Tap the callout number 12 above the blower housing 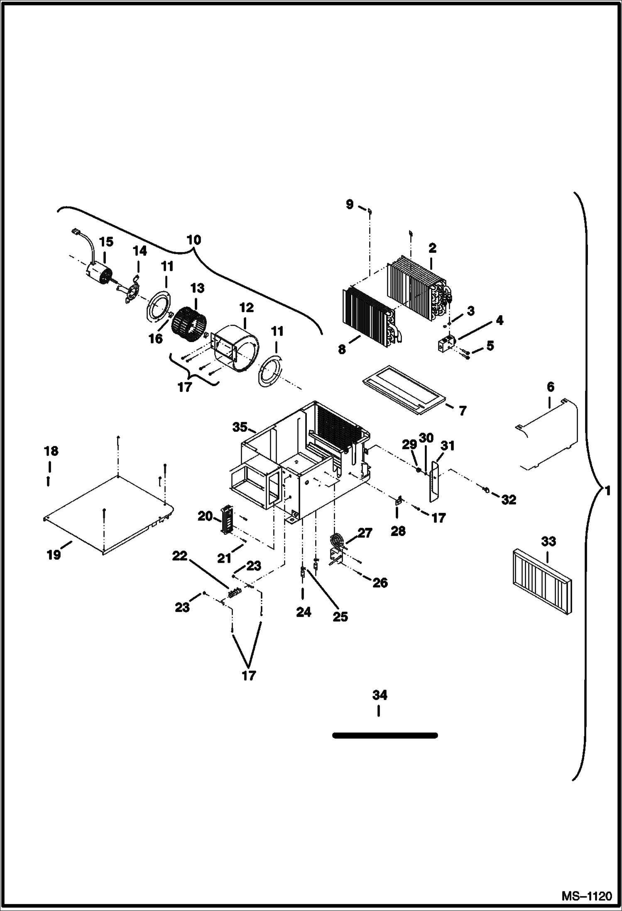click(x=246, y=308)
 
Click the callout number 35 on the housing click(x=240, y=427)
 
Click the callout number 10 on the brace click(x=194, y=240)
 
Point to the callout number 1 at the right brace click(x=607, y=492)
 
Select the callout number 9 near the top click(x=350, y=204)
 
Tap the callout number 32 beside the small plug click(x=509, y=500)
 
